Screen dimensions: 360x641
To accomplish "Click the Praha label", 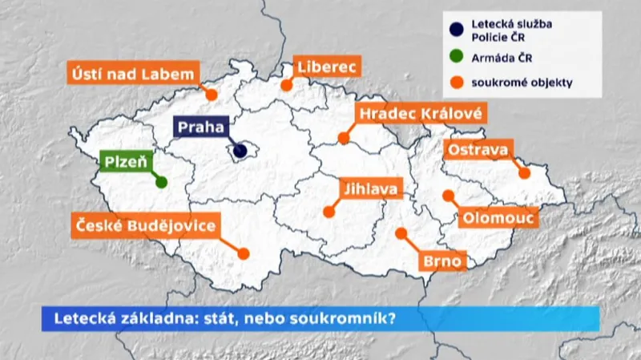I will click(201, 127).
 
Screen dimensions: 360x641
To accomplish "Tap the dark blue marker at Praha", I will click(240, 150).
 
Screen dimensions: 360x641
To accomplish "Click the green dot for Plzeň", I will click(161, 182).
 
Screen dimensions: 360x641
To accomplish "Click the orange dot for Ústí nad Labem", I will click(212, 94).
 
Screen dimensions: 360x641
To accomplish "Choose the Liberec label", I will click(326, 66).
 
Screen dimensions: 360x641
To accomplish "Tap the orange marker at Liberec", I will click(286, 83).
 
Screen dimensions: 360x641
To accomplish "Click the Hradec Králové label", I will click(420, 114).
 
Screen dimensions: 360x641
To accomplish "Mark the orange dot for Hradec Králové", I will click(344, 140).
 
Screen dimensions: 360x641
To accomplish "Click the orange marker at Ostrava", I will click(525, 172).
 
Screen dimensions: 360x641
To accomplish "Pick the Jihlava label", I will click(369, 190).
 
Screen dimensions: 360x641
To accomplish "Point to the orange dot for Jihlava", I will click(329, 212).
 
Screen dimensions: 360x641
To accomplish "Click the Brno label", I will click(441, 261).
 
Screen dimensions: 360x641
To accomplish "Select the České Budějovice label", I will click(145, 225).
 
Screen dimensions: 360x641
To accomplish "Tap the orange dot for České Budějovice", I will click(244, 253).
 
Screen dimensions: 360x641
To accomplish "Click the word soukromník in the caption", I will click(350, 318).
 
